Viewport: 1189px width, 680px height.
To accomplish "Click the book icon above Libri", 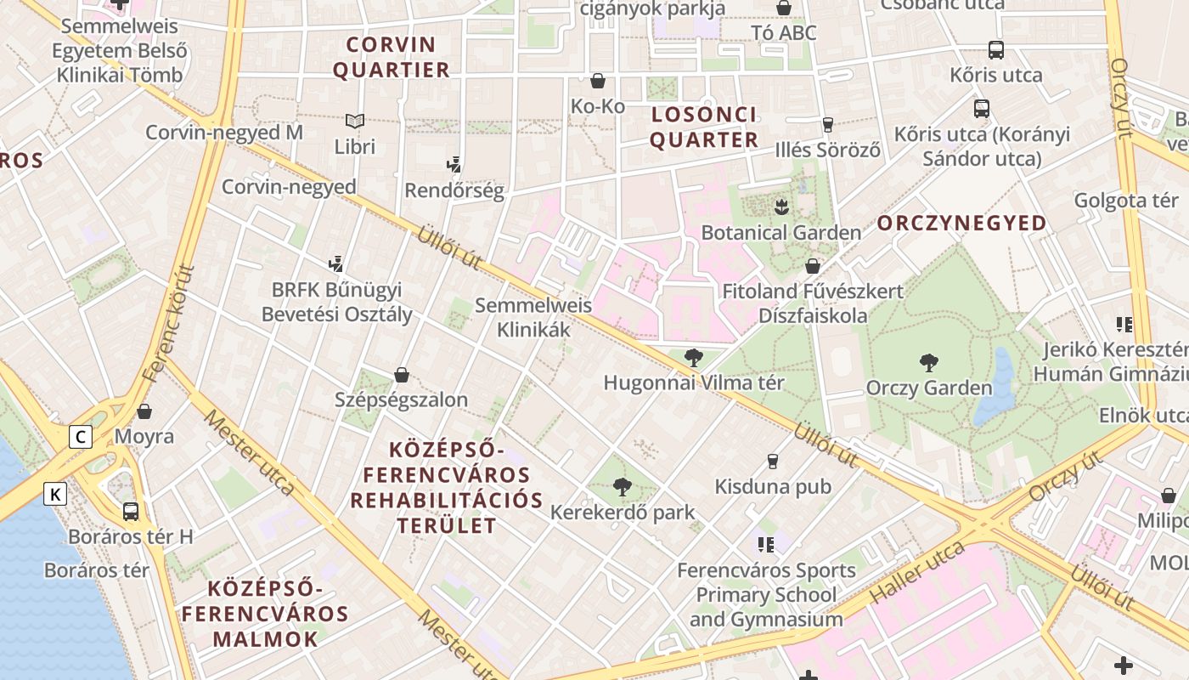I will click(355, 122).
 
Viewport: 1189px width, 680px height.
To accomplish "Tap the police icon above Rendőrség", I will click(454, 165).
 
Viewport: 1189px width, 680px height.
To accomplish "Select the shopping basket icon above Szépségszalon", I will click(402, 375).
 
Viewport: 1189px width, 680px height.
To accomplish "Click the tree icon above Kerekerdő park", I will click(623, 487).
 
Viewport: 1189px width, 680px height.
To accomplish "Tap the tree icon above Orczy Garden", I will click(929, 363).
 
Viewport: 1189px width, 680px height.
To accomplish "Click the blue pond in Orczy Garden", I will click(993, 387).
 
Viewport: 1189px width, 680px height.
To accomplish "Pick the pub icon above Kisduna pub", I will click(772, 462).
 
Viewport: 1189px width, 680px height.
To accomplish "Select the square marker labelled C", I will click(81, 437).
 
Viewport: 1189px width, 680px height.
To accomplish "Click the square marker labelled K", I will click(55, 493).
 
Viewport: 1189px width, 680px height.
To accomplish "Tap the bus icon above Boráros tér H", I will click(131, 512).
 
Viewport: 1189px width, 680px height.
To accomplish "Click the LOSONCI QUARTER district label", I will click(704, 127).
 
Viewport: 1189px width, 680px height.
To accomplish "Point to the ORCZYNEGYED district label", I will click(961, 224).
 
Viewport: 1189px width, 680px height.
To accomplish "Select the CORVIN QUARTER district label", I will click(391, 57).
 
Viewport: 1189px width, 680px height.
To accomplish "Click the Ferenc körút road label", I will click(169, 323).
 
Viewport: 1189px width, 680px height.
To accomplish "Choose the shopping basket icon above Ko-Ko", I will click(598, 81).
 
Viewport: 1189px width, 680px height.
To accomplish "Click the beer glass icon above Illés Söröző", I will click(827, 125).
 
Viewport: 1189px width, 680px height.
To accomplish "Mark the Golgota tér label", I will click(1126, 201).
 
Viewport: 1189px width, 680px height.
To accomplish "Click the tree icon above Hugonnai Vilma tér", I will click(694, 358).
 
